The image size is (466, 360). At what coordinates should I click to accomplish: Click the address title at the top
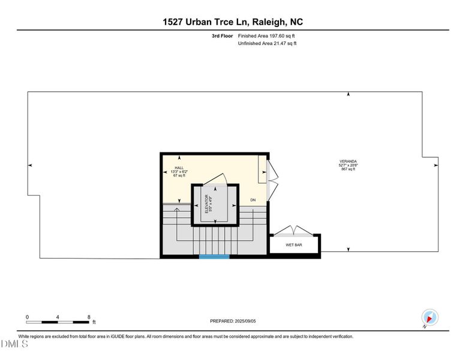tap(233, 22)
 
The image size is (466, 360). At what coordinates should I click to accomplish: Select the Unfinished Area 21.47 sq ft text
tap(267, 43)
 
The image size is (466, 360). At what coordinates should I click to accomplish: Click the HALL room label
tap(179, 168)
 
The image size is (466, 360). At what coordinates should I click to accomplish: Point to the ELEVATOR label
tap(206, 204)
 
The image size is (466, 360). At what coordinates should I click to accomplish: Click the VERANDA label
tap(348, 161)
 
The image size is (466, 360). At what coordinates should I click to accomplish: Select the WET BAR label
tap(294, 245)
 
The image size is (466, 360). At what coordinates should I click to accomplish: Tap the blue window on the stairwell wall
tap(214, 257)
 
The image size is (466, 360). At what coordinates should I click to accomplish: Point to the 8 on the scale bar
tap(89, 317)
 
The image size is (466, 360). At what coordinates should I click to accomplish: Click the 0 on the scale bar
tap(27, 317)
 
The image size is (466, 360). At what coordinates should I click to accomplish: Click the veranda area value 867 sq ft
tap(348, 169)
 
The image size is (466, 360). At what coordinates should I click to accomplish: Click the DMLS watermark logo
tap(14, 344)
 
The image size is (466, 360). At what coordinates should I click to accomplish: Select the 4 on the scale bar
tap(58, 317)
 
